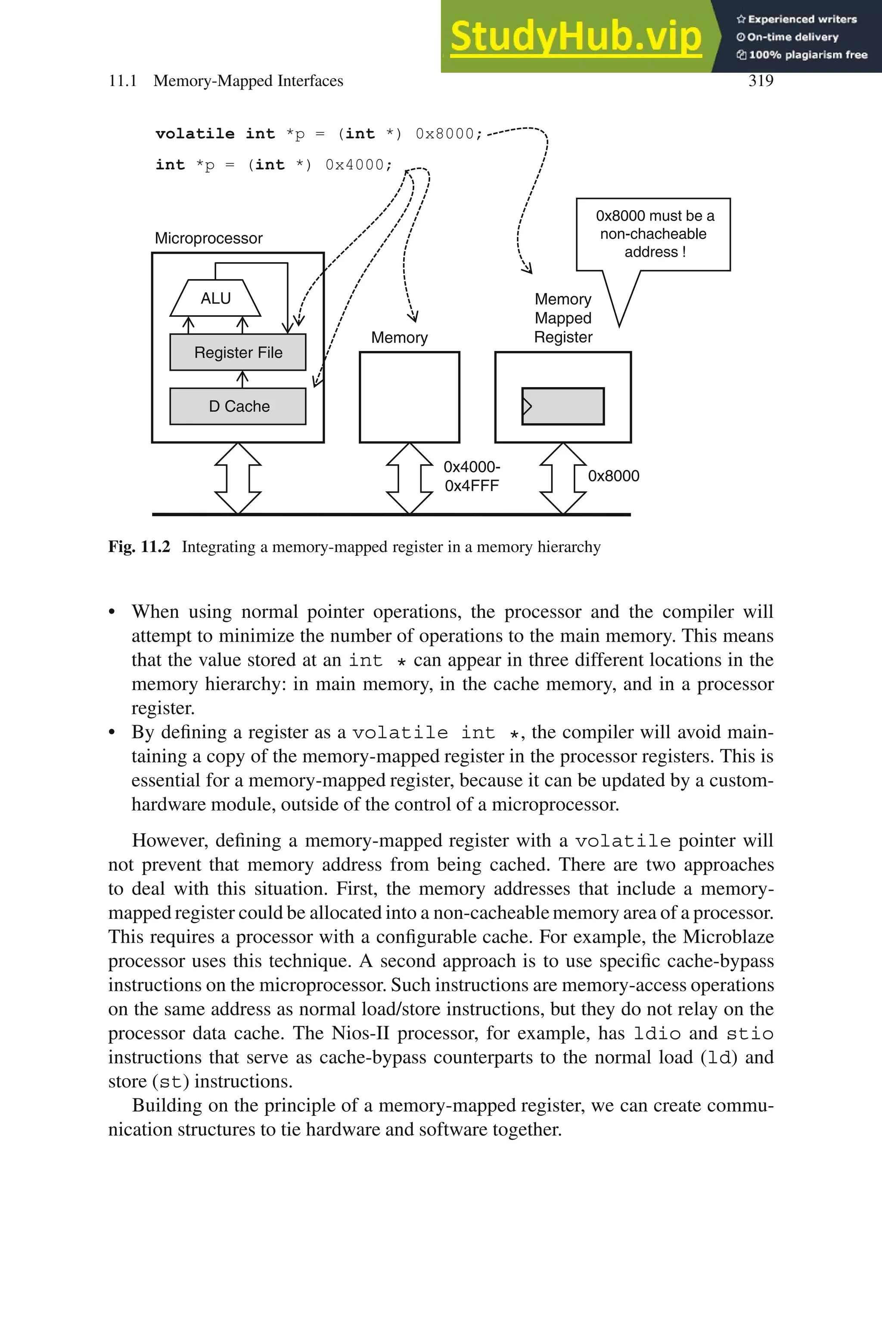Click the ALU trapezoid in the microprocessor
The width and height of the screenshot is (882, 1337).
[x=215, y=298]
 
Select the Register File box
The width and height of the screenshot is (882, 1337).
[x=238, y=353]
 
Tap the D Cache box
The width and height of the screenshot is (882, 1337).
[x=238, y=406]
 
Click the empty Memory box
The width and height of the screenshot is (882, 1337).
[x=410, y=397]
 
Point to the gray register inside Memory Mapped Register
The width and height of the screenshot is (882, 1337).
[x=563, y=406]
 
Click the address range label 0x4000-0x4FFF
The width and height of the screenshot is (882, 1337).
[x=472, y=476]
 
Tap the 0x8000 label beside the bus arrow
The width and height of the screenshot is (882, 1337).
[x=613, y=476]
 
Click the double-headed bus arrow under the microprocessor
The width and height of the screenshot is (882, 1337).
[x=238, y=478]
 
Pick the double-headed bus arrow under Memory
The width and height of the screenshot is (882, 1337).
[x=410, y=478]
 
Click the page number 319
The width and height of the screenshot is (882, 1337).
[x=761, y=81]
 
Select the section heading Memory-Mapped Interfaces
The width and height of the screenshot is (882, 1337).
[x=248, y=81]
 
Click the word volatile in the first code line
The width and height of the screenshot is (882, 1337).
[x=195, y=134]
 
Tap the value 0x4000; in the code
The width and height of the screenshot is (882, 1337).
[x=358, y=165]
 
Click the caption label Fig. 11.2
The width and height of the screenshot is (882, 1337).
[x=139, y=546]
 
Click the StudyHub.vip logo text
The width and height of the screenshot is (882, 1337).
[x=575, y=37]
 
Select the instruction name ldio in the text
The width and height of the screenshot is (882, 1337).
[x=657, y=1034]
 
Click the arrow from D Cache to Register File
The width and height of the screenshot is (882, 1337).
[x=242, y=379]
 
